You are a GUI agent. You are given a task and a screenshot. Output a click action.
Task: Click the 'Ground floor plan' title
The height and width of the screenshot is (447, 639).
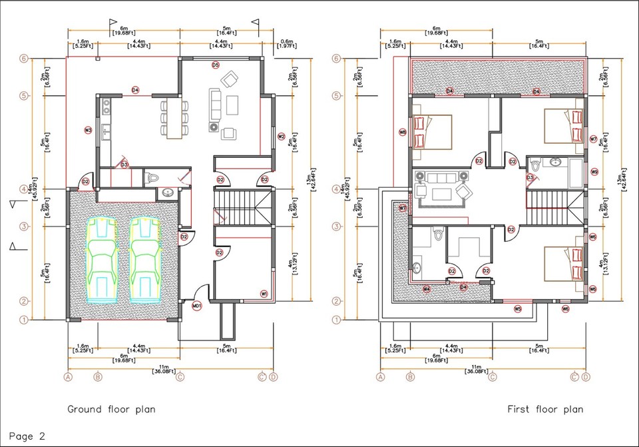tap(111, 409)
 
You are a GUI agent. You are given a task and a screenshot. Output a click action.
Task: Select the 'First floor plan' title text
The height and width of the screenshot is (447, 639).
tap(545, 409)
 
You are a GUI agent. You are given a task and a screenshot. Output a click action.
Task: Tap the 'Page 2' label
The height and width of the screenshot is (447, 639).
tap(27, 437)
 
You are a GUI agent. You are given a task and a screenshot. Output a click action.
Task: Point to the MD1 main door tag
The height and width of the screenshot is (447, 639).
tap(196, 306)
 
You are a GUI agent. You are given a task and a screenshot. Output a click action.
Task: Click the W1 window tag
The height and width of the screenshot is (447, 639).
tap(264, 294)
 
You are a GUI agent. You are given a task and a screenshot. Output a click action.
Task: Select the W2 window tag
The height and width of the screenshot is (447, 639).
tap(281, 137)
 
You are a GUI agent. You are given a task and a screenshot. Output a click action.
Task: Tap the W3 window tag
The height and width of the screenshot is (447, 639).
tap(88, 130)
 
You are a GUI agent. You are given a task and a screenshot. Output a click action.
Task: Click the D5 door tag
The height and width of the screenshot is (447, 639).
tap(215, 65)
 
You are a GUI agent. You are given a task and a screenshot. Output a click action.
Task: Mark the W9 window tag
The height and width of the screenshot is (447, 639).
tap(594, 172)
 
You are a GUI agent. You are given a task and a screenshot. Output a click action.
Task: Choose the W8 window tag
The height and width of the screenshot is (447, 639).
tap(402, 132)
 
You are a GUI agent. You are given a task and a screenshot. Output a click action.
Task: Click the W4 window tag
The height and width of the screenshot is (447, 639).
tap(427, 288)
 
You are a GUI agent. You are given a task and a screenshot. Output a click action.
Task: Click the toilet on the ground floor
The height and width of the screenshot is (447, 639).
tap(153, 178)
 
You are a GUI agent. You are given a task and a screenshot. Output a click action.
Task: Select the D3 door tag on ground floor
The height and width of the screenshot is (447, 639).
tap(124, 165)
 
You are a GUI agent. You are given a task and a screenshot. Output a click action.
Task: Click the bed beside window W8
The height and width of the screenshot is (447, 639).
tap(432, 132)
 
